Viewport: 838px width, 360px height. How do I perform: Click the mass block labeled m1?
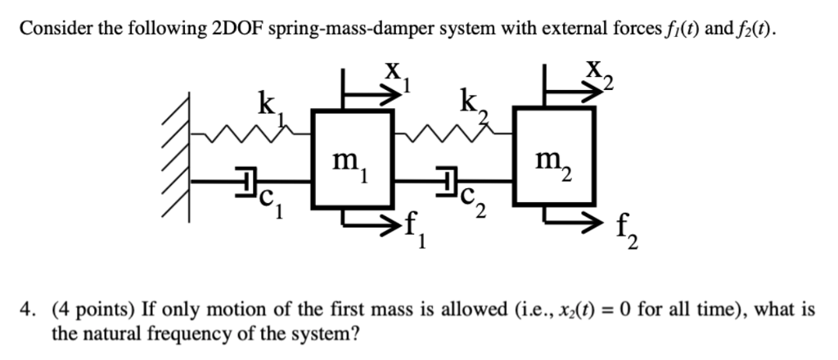353,159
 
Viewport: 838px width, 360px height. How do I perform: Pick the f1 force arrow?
372,219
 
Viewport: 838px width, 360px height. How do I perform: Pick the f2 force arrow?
573,217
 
